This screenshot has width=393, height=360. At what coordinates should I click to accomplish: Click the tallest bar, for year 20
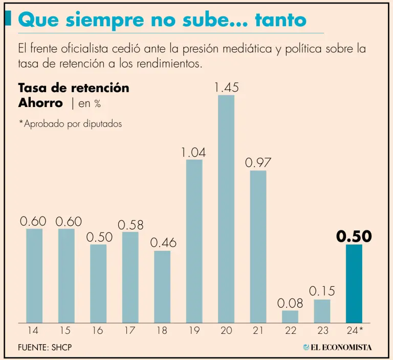pyautogui.click(x=226, y=209)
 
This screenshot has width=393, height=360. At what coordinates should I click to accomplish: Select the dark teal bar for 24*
pyautogui.click(x=354, y=284)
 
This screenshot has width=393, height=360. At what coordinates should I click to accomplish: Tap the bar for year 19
pyautogui.click(x=194, y=241)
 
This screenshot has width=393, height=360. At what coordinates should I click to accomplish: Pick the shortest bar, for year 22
pyautogui.click(x=290, y=316)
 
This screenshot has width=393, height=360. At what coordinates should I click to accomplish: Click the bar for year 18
pyautogui.click(x=162, y=287)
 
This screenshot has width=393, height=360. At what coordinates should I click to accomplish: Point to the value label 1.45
pyautogui.click(x=226, y=88)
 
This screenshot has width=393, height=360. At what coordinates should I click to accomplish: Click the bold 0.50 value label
pyautogui.click(x=354, y=237)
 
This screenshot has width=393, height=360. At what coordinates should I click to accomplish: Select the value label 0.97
pyautogui.click(x=258, y=163)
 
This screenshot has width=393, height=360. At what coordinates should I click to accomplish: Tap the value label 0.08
pyautogui.click(x=290, y=303)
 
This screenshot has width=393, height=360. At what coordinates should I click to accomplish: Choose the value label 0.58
pyautogui.click(x=130, y=225)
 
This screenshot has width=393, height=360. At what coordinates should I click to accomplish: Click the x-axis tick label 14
pyautogui.click(x=34, y=331)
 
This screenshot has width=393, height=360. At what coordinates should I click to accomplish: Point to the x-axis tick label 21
pyautogui.click(x=258, y=331)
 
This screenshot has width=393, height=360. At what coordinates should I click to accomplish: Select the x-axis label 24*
pyautogui.click(x=354, y=331)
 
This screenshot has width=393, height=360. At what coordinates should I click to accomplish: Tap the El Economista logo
pyautogui.click(x=337, y=347)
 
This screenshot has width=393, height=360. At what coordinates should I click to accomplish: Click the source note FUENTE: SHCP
pyautogui.click(x=45, y=347)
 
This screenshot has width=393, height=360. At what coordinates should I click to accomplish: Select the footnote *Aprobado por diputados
pyautogui.click(x=70, y=124)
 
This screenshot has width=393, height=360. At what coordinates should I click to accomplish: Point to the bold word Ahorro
pyautogui.click(x=40, y=102)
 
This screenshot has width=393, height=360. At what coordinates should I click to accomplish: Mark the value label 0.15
pyautogui.click(x=322, y=291)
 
